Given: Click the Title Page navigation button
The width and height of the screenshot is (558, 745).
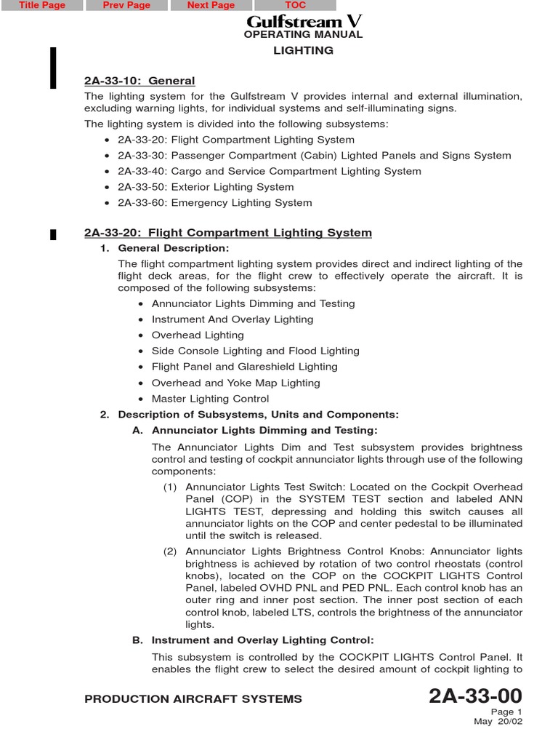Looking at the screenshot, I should click(x=42, y=6).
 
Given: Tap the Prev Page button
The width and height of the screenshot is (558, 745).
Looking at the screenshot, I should click(x=126, y=6).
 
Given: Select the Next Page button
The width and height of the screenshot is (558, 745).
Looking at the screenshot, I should click(x=211, y=6).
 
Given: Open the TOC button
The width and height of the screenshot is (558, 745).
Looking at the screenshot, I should click(x=295, y=6).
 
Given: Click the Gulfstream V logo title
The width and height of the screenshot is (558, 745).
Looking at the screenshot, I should click(x=304, y=21).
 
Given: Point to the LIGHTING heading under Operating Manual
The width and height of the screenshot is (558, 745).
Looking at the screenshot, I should click(x=303, y=50).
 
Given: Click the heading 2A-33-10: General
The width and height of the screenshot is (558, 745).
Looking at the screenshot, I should click(x=139, y=81).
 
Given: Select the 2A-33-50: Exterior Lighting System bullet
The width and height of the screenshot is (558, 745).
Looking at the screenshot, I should click(x=206, y=187).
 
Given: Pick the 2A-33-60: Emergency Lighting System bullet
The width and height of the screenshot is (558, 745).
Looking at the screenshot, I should click(x=214, y=203).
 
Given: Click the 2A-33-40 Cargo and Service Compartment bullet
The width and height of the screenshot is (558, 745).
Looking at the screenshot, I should click(x=269, y=171).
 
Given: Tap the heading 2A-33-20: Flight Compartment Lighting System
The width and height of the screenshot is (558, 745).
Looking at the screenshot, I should click(x=227, y=233).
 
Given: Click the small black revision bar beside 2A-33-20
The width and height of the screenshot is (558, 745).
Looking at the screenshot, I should click(x=53, y=234).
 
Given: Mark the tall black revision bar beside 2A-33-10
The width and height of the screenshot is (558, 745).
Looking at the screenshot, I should click(x=53, y=68).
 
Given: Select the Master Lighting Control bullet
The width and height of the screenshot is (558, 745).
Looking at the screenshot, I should click(x=210, y=399).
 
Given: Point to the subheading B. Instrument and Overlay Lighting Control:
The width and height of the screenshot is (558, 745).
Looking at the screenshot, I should click(x=262, y=640).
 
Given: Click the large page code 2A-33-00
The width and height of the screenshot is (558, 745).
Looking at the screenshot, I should click(x=475, y=696).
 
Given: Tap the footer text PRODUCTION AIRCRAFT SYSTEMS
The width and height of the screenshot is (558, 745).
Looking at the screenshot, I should click(x=193, y=699).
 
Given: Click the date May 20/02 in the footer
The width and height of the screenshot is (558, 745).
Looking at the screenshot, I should click(x=498, y=722).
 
